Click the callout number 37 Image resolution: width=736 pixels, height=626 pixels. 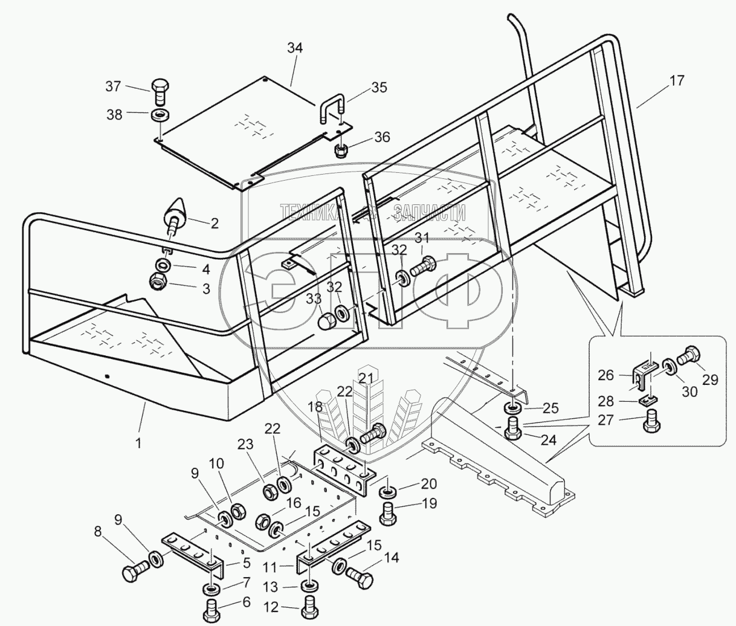[x=113, y=87]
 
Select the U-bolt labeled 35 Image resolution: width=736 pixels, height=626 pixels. [x=332, y=108]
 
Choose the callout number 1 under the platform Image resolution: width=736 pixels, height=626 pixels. [x=138, y=442]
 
